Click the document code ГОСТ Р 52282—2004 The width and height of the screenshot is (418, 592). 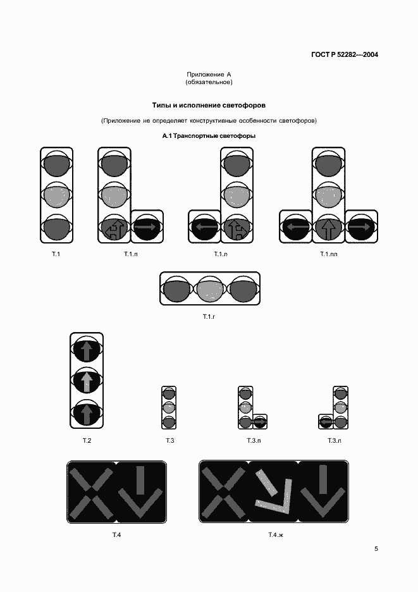point(345,55)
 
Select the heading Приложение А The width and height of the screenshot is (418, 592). point(209,74)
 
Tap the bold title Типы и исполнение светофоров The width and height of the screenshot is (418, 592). point(209,104)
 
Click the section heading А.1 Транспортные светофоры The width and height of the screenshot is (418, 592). point(209,136)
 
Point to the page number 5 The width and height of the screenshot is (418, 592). point(376,549)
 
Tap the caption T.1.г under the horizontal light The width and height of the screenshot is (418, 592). point(209,316)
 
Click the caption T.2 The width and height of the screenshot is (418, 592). point(87,440)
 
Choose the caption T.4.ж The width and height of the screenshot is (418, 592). point(274,536)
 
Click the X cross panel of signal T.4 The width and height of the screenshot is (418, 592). point(91,493)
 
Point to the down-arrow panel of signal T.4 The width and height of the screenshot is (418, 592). point(140,493)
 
